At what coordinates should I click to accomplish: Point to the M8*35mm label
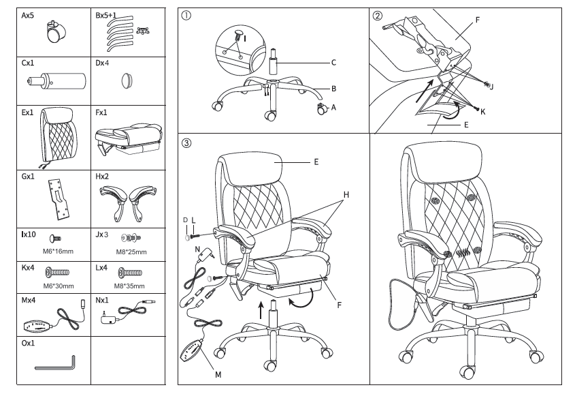tap(128, 286)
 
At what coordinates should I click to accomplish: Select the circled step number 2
tap(378, 17)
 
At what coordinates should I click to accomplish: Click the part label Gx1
tap(28, 175)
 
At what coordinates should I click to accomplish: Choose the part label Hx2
tap(102, 175)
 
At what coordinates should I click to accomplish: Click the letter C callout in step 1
tap(333, 63)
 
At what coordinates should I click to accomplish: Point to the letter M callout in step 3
tap(218, 374)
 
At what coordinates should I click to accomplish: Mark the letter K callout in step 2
tap(483, 110)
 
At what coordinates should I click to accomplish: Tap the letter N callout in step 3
tap(197, 249)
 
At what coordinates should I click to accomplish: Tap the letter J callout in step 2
tap(492, 87)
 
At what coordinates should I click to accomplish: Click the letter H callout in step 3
tap(346, 195)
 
